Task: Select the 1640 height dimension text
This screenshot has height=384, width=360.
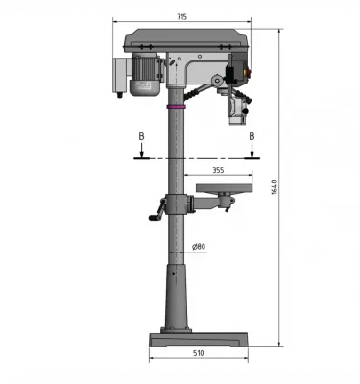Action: pos(275,190)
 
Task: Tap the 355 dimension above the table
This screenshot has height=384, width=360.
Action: pos(218,170)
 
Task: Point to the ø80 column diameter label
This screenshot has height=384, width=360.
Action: pos(199,247)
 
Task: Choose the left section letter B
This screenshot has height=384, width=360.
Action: pos(141,137)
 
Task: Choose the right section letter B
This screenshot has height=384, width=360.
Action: pos(252,137)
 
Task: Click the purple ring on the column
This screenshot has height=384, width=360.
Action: pos(177,108)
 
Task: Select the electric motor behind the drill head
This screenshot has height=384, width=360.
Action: pos(146,75)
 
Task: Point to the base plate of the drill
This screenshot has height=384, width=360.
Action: pos(198,339)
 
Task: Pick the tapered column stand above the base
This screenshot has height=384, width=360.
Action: pos(177,293)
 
